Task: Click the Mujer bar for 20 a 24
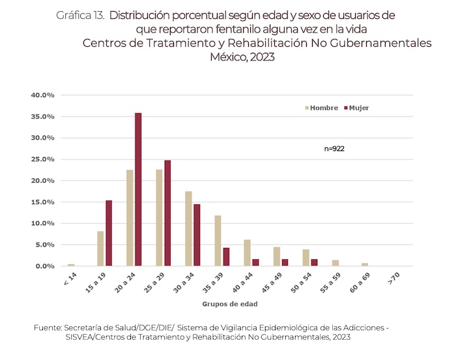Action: [x=138, y=189]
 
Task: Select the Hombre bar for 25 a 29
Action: [x=159, y=218]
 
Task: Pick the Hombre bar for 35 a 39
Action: [x=218, y=241]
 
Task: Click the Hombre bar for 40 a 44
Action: [x=247, y=253]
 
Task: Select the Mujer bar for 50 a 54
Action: [x=314, y=263]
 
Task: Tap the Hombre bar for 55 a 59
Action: [x=335, y=263]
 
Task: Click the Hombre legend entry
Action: [x=320, y=107]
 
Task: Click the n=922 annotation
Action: [x=334, y=148]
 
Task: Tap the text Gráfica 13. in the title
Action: [x=79, y=14]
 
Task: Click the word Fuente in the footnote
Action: [x=48, y=327]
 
